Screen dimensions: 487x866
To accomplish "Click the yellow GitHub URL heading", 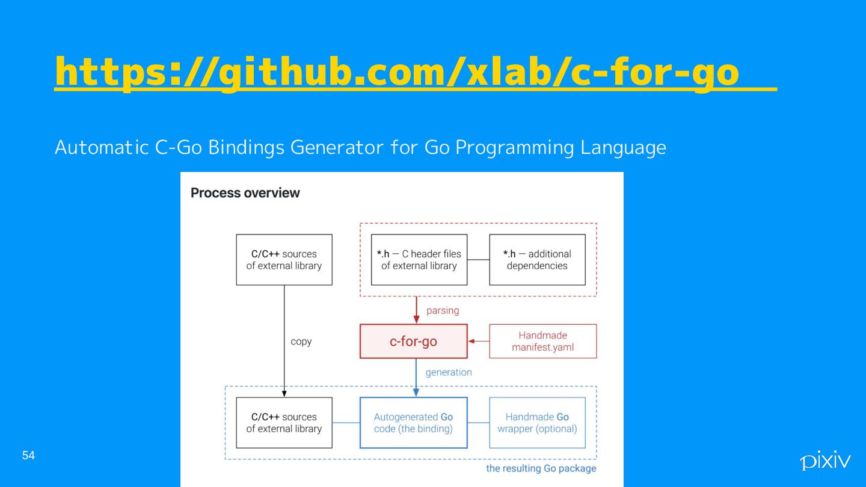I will point(397,72).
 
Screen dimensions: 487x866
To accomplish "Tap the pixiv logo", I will point(825,461).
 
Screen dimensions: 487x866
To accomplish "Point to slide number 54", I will point(28,456).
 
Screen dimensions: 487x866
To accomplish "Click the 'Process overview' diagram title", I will point(245,193).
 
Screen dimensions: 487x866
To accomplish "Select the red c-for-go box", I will point(413,342).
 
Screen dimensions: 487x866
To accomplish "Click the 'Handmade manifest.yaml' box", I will point(542,342).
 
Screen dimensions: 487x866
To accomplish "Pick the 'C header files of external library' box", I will point(419,260).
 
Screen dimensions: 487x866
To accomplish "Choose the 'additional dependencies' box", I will point(537,260).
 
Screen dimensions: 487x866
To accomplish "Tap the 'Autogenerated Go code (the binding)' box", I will point(413,423).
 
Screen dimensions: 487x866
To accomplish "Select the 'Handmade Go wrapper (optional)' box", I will point(537,423).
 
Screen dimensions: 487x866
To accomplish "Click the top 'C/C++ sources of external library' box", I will point(284,260).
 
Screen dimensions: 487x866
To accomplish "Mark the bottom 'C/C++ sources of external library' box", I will point(284,423).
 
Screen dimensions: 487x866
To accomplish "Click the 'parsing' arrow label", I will point(442,311).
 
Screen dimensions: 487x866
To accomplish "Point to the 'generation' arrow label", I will point(449,373).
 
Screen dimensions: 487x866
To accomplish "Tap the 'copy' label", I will point(301,342).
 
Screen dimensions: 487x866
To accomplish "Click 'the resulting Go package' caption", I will point(541,469).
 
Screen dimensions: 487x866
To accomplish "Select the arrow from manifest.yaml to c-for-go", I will point(479,342).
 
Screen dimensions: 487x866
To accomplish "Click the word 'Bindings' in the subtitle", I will point(247,147).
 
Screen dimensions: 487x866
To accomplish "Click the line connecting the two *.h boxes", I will point(478,260).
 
